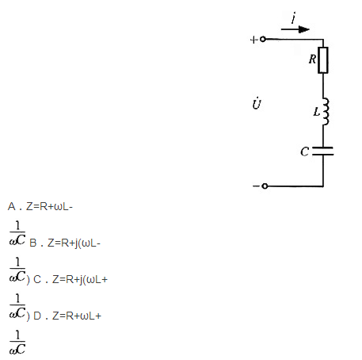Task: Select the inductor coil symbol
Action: (x=326, y=111)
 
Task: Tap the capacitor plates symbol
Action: (x=323, y=151)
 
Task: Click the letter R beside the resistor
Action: (x=312, y=59)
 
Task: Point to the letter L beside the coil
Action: (x=316, y=112)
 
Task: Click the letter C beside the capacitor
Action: (x=304, y=151)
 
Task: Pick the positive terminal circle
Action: (x=263, y=39)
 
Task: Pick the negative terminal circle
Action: (x=265, y=186)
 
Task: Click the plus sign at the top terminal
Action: (x=253, y=40)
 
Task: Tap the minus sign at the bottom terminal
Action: (x=256, y=186)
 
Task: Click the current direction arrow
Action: (x=295, y=29)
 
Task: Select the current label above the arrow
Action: (x=294, y=18)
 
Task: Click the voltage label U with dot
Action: (x=257, y=104)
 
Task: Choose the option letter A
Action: (x=12, y=206)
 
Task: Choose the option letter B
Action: (x=33, y=243)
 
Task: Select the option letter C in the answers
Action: (x=37, y=279)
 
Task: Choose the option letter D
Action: (x=37, y=316)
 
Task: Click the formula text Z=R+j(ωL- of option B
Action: (x=74, y=243)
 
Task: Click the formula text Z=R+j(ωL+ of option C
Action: (x=80, y=280)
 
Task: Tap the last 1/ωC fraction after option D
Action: (x=17, y=343)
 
